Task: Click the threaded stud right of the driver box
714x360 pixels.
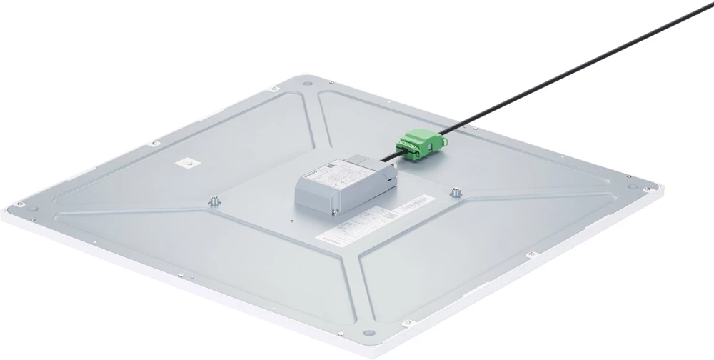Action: point(453,192)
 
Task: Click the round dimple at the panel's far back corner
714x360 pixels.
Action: point(307,84)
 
